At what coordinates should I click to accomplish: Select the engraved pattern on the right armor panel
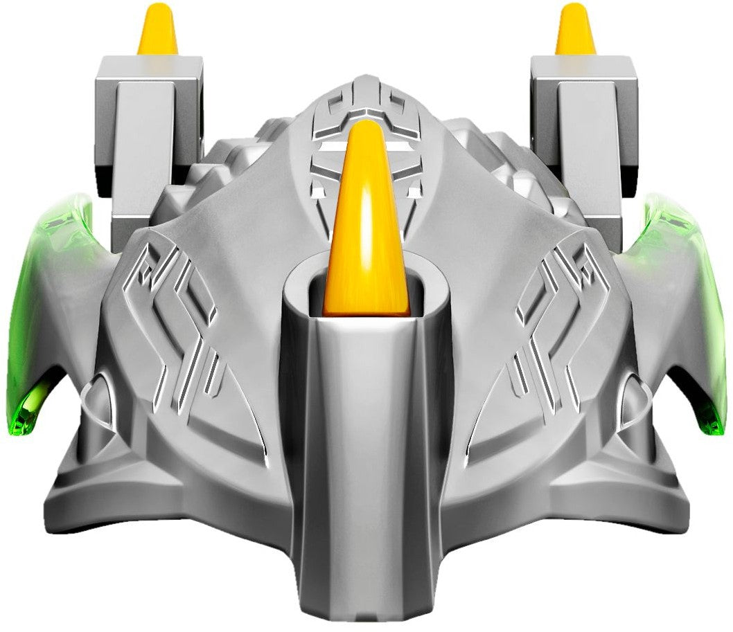(x=554, y=325)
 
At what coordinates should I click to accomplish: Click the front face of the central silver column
(x=366, y=450)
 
